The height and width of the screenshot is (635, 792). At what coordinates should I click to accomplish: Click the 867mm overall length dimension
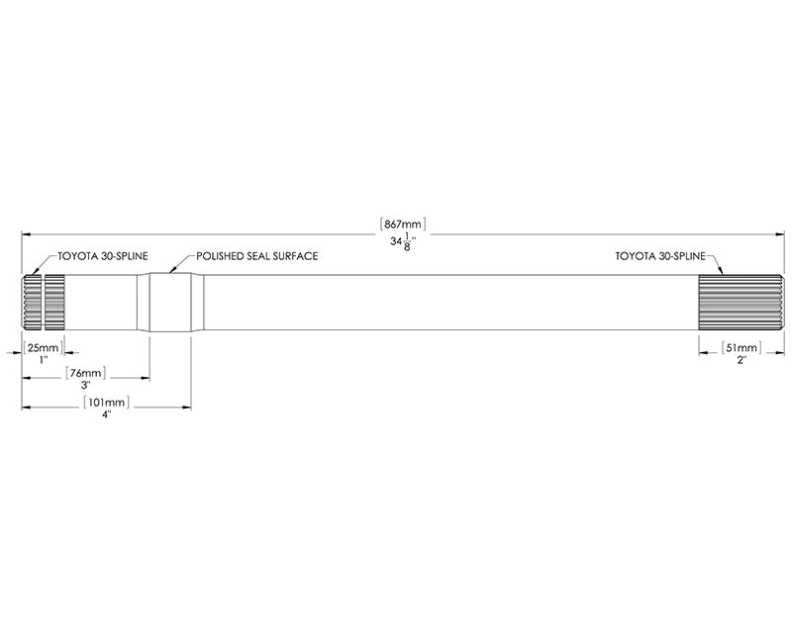coord(403,224)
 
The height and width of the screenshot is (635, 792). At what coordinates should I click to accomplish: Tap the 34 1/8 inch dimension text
coord(403,242)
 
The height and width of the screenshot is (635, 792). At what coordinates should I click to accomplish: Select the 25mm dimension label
coord(44,348)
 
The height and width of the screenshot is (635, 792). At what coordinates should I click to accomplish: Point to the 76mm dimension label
coord(86,373)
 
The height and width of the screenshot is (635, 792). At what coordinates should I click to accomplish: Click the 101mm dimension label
coord(106,403)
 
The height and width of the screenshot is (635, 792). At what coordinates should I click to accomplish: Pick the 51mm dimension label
coord(741,348)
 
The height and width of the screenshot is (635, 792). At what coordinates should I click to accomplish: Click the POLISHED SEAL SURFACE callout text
coord(257,256)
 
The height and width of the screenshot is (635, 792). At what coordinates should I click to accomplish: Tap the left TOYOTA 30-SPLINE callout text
coord(103,256)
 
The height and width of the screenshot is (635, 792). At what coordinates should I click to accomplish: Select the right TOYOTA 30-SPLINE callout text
coord(660,256)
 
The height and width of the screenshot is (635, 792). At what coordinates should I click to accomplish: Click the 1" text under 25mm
coord(44,360)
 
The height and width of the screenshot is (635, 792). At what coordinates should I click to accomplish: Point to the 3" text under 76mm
coord(85,385)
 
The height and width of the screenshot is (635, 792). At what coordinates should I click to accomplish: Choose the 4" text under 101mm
coord(106,414)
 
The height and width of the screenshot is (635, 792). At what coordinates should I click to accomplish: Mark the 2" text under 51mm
coord(742,360)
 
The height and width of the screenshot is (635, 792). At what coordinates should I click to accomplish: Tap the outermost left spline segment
coord(32,302)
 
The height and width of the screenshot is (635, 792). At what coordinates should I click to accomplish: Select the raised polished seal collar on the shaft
coord(170,302)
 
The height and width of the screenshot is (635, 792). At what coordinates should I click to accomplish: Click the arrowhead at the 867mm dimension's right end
coord(779,234)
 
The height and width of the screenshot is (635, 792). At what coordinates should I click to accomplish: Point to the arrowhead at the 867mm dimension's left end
coord(27,234)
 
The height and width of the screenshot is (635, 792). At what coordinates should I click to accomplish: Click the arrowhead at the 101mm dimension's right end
coord(185,407)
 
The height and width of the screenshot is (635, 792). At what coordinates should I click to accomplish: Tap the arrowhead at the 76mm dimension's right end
coord(144,378)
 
